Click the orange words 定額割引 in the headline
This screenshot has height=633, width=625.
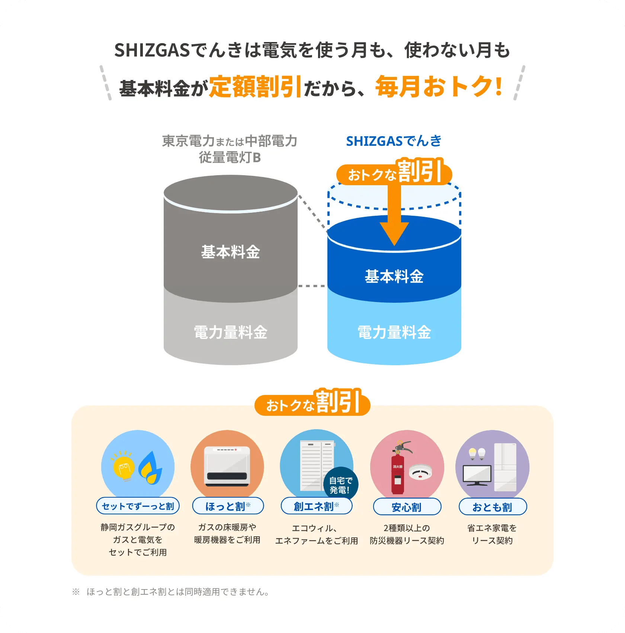click(x=255, y=87)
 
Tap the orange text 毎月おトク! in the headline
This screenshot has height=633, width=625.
click(x=439, y=87)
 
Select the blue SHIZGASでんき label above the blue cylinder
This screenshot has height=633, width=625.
click(x=394, y=141)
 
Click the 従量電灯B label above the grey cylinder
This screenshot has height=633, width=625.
click(x=230, y=158)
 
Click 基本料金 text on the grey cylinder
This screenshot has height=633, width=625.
click(x=230, y=252)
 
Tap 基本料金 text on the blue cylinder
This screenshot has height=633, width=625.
click(x=394, y=276)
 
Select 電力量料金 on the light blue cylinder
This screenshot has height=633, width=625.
click(x=394, y=332)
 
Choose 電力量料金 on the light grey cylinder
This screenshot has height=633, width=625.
click(x=230, y=332)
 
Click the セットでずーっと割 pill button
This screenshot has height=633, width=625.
click(x=138, y=506)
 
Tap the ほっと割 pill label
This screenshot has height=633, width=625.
click(x=228, y=506)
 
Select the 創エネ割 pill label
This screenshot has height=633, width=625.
click(x=316, y=506)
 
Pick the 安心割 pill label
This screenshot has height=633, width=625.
click(x=407, y=507)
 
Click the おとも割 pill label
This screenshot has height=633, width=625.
click(x=493, y=507)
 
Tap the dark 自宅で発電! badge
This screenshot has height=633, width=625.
click(x=340, y=485)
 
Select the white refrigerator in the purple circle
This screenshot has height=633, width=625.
click(x=505, y=467)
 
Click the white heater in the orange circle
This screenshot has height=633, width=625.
click(x=227, y=467)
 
